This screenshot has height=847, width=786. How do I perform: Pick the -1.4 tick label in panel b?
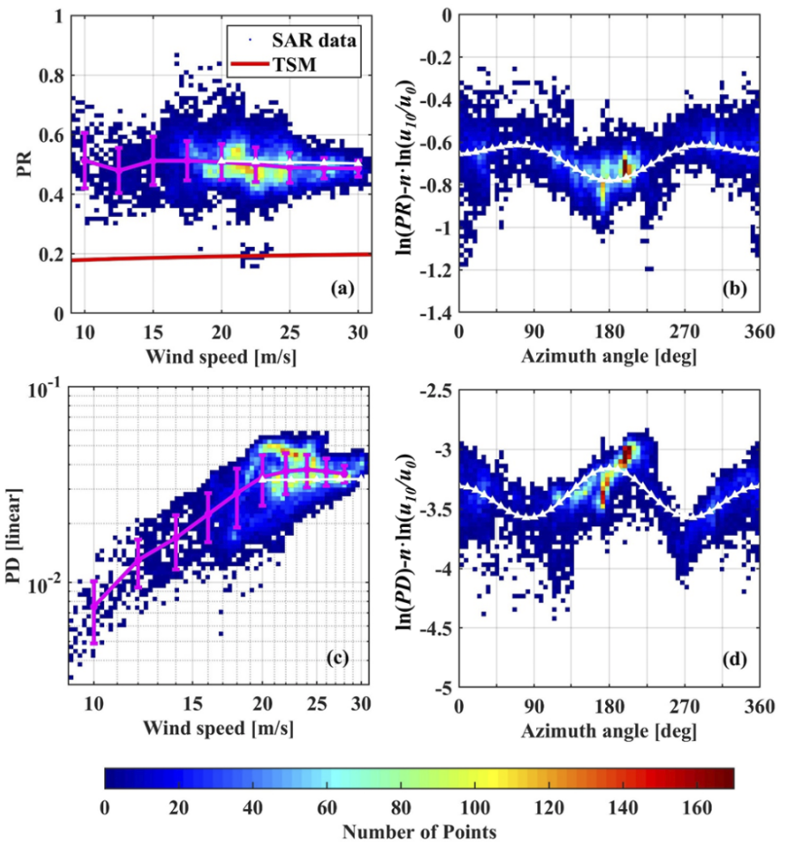click(433, 314)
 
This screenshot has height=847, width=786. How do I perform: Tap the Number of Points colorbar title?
click(419, 829)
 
